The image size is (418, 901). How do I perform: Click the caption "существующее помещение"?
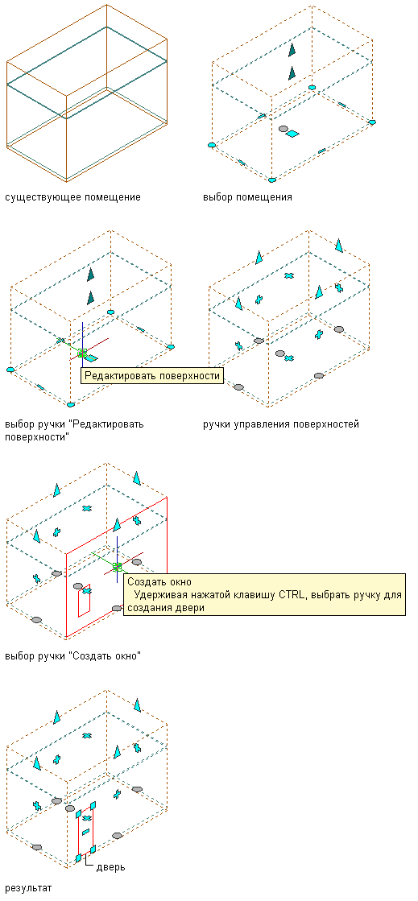coord(72,197)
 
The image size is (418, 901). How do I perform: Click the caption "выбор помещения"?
coord(247,197)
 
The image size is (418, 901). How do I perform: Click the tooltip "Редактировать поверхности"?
coord(151,376)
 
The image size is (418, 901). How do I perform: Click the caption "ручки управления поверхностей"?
coord(281,424)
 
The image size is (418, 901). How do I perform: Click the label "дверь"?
coord(111,867)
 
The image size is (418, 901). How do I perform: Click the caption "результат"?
coord(27,888)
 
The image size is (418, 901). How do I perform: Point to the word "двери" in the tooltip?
coord(189,608)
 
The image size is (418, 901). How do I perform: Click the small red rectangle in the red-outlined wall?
coord(84,603)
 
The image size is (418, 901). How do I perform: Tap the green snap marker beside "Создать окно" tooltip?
coord(118,567)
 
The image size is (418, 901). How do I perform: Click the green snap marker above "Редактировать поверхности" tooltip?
coord(82,353)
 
